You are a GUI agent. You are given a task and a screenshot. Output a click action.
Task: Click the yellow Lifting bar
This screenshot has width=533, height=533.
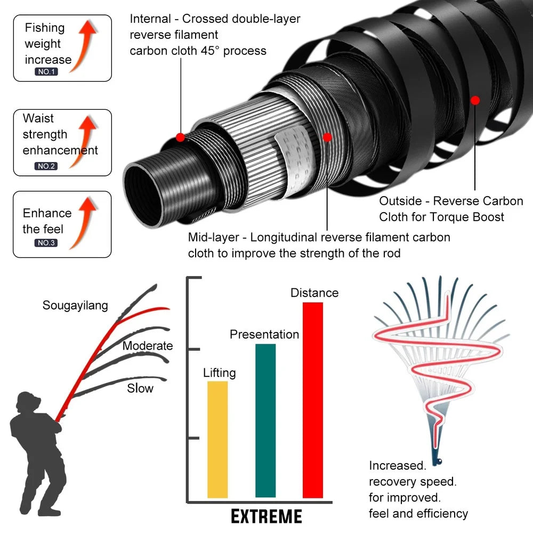[x=217, y=440]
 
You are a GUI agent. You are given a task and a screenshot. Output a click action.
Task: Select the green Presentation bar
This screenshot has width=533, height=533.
[x=265, y=421]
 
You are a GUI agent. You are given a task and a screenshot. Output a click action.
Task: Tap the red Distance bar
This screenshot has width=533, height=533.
[x=312, y=400]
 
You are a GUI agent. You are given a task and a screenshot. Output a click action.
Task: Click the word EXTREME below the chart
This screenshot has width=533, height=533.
[x=266, y=516]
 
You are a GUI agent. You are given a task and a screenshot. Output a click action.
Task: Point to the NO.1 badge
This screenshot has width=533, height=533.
[x=46, y=71]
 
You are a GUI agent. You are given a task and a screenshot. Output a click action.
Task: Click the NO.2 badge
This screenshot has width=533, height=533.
[x=46, y=166]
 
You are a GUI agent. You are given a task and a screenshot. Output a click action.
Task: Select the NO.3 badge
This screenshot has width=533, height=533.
[x=46, y=243]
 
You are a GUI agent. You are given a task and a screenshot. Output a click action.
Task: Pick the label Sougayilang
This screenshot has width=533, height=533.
[x=75, y=305]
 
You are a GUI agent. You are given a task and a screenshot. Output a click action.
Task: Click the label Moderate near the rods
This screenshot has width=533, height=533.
[x=148, y=346]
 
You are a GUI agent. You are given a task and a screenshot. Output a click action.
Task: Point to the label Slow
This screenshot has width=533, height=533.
[x=140, y=389]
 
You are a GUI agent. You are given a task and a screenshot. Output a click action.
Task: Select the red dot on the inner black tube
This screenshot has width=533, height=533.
[x=180, y=137]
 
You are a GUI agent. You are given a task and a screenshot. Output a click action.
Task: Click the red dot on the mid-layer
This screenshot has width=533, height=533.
[x=327, y=137]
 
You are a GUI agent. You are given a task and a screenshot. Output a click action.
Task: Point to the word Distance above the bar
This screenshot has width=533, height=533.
[x=314, y=293]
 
